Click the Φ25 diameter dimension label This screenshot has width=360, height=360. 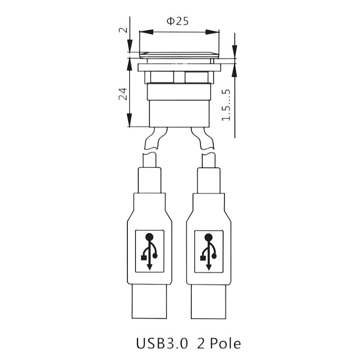(177, 21)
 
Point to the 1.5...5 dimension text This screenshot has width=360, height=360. (226, 105)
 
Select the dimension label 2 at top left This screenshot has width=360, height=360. (123, 30)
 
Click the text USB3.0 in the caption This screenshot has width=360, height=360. (162, 343)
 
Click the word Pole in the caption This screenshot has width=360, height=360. (225, 343)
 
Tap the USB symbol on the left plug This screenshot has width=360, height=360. (149, 252)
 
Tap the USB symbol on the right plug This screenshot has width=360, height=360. (208, 252)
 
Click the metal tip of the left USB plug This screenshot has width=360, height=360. (149, 301)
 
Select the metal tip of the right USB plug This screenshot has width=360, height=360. (208, 301)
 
